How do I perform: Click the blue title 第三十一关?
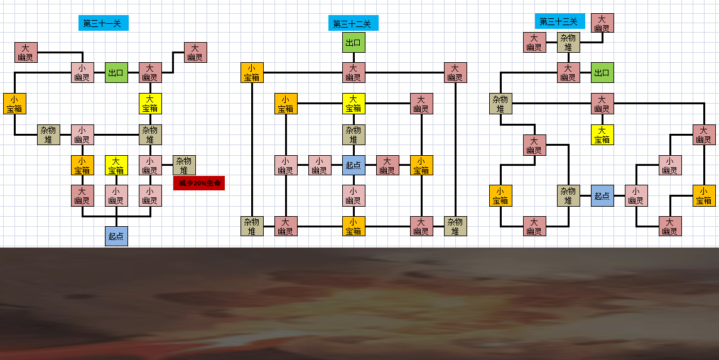coord(103,23)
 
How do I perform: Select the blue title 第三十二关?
coord(353,23)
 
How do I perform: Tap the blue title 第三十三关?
coord(560,21)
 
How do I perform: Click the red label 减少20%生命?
coord(199,183)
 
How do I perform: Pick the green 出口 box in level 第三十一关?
coord(116,72)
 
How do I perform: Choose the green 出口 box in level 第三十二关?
coord(354,43)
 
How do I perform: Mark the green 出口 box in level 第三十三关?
coord(602,72)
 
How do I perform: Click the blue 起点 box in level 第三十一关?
coord(116,236)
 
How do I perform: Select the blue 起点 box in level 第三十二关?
coord(354,165)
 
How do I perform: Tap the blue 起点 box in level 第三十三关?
coord(602,196)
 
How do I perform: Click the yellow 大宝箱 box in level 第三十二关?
coord(354,104)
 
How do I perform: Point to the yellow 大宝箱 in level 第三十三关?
coord(602,135)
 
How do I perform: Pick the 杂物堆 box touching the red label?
coord(185,165)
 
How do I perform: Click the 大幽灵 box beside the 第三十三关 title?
coord(602,23)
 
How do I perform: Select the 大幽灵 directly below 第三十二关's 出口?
coord(354,72)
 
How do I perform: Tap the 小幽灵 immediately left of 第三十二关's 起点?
coord(320,165)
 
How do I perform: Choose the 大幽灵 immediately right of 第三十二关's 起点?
coord(387,165)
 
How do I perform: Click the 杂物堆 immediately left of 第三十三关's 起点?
coord(568,196)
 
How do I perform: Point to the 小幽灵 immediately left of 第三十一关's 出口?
coord(82,72)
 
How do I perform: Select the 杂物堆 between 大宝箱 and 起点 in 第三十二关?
coord(354,135)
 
